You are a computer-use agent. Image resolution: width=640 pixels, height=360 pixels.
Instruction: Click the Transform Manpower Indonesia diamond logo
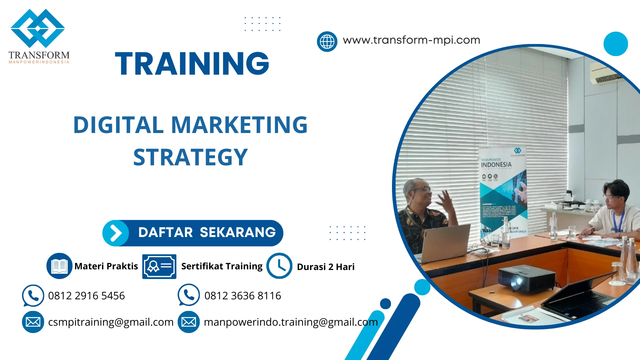pos(38,28)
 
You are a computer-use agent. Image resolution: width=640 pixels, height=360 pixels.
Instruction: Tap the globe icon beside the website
pos(327,42)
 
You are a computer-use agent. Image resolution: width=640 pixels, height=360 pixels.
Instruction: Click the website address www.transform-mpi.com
pos(411,40)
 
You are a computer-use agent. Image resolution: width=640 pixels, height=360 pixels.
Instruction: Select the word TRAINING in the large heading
pos(192,64)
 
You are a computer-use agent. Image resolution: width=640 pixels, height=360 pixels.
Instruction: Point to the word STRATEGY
pos(190,157)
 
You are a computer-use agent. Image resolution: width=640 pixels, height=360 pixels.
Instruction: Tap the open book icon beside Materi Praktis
pos(59,266)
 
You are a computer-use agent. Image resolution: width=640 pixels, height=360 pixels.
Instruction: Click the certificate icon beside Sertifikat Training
pos(159,266)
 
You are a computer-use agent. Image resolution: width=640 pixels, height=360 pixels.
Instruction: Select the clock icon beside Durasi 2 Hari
pos(279,266)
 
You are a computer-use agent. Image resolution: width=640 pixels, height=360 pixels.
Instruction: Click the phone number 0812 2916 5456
pos(86,296)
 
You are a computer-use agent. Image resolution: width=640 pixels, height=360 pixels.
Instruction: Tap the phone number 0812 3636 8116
pos(243,296)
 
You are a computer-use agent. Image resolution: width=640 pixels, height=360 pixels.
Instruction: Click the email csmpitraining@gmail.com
pos(111,322)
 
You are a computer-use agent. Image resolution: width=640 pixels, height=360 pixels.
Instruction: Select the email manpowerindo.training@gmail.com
pos(291,322)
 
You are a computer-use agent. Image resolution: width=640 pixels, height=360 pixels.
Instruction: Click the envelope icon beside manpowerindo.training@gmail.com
pos(189,322)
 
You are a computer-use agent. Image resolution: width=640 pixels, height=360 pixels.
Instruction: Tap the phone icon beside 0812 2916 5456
pos(33,295)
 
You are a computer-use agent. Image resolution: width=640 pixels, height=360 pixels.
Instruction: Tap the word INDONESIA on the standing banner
pos(496,165)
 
